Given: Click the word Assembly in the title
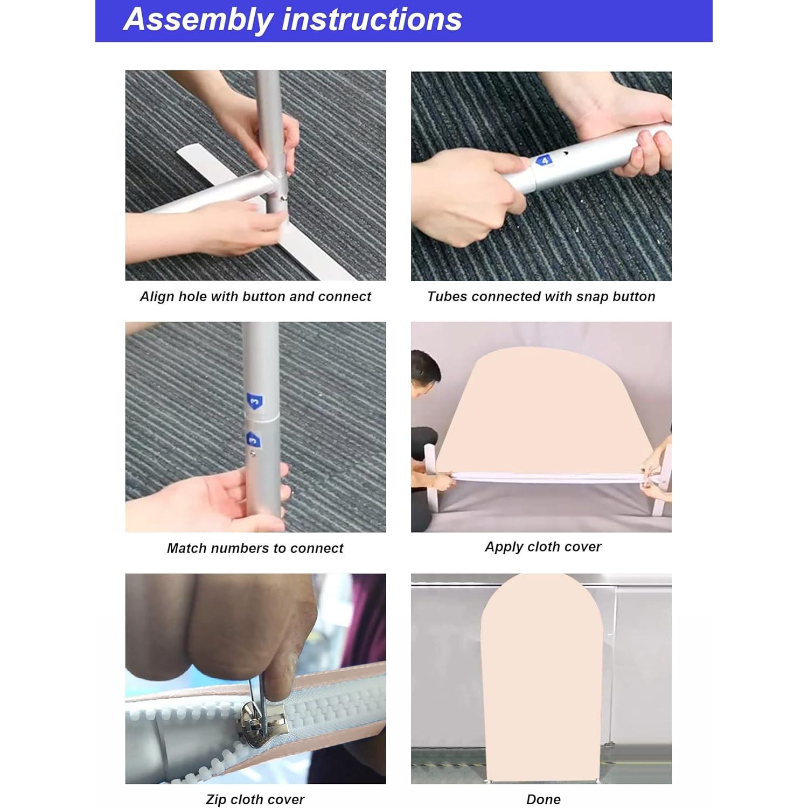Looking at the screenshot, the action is coord(198,19).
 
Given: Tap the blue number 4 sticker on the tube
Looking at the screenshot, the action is coord(545,161).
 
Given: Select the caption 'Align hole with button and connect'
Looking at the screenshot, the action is coord(255,296).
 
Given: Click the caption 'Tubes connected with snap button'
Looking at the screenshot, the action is coord(541,296).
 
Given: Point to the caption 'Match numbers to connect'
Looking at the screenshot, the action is coord(255,548).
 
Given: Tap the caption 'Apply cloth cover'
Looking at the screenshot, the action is coord(543,547).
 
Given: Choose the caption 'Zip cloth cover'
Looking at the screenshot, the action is coord(255,799).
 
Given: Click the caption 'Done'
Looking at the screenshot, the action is coord(544,799).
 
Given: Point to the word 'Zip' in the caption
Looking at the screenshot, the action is coord(216,800).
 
